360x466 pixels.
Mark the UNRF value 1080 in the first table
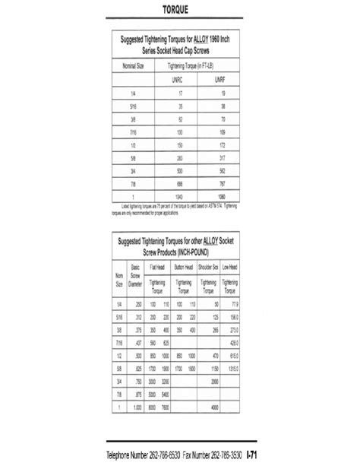pos(220,196)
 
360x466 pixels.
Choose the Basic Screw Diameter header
pos(137,273)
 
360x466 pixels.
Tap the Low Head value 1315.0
pos(234,368)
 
